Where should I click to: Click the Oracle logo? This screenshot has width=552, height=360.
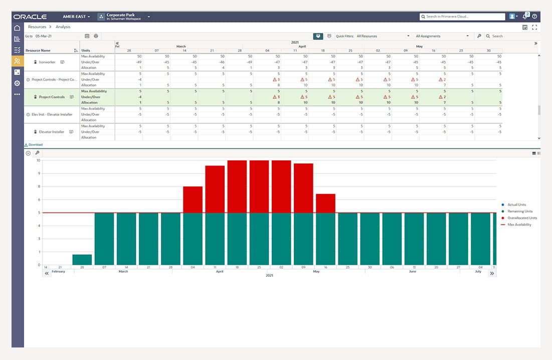tap(30, 17)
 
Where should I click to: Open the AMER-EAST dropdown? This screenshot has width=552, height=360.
tap(76, 17)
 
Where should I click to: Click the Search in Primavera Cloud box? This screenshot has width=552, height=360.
tap(462, 17)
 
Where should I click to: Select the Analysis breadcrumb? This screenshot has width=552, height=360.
tap(63, 27)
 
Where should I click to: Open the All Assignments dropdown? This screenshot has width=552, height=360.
tap(442, 36)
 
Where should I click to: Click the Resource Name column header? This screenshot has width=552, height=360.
tap(38, 50)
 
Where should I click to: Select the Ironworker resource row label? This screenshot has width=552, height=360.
tap(47, 62)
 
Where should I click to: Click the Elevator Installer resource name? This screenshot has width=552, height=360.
tap(52, 132)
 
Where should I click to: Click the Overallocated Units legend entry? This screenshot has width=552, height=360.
tap(522, 218)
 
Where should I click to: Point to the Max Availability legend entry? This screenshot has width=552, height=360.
tap(519, 225)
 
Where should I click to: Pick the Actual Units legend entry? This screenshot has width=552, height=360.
tap(516, 205)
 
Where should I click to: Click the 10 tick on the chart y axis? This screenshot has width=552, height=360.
tap(38, 161)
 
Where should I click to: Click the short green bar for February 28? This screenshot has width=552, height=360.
tap(82, 260)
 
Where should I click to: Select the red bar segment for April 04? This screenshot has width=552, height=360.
tap(193, 200)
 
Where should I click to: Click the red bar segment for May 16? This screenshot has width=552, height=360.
tap(325, 204)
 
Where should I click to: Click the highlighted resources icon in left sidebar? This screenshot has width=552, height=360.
tap(17, 61)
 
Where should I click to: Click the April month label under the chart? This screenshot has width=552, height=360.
tap(220, 271)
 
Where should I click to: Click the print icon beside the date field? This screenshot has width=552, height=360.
tap(96, 36)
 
